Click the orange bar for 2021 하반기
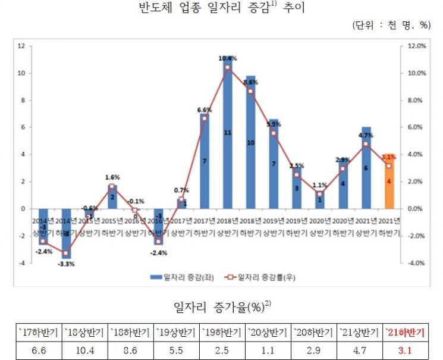[388, 181]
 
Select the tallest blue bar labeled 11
[227, 137]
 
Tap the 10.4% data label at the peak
[227, 58]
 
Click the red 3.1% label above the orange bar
[389, 157]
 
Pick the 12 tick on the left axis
[21, 46]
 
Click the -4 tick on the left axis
[21, 262]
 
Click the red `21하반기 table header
[406, 332]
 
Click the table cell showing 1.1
[268, 349]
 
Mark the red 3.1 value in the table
[406, 349]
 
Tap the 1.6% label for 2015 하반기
[112, 177]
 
